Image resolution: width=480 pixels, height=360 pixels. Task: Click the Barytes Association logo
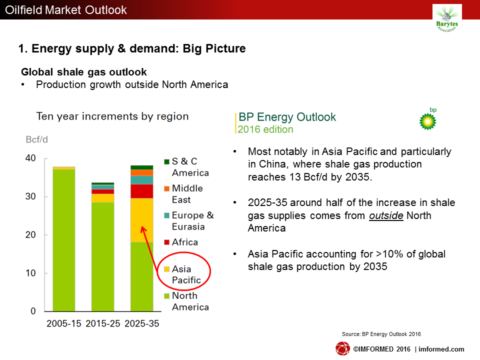tap(447, 19)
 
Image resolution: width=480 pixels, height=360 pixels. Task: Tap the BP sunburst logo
tap(427, 121)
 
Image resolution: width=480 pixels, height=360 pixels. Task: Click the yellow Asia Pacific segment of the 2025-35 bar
tap(141, 220)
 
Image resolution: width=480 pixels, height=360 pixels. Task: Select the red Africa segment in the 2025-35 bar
tap(141, 191)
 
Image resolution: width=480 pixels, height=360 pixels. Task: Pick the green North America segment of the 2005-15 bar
tap(64, 240)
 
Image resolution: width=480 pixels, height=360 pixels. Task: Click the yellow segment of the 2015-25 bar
tap(103, 198)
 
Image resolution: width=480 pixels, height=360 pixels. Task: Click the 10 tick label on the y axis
tap(30, 273)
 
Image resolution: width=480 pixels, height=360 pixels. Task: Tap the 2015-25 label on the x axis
tap(103, 323)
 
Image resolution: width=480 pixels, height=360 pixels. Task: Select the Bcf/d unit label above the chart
tap(36, 139)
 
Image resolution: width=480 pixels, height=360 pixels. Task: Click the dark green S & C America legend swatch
tap(167, 161)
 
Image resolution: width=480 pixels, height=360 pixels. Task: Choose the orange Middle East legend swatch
tap(167, 188)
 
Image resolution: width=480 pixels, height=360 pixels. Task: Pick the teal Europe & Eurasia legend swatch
tap(167, 215)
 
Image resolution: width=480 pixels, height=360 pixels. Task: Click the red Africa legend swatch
tap(167, 242)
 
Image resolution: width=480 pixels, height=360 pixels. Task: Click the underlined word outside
tap(386, 215)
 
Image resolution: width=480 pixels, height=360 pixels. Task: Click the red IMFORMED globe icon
tap(342, 348)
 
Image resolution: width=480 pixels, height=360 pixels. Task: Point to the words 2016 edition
tap(265, 129)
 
